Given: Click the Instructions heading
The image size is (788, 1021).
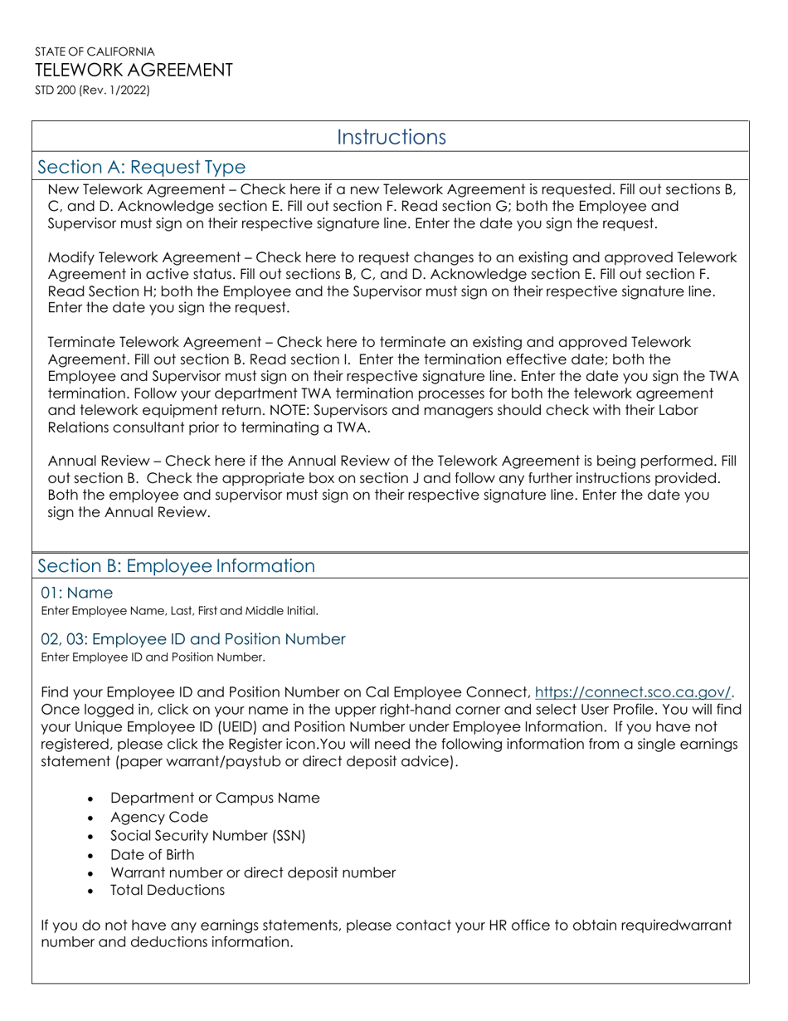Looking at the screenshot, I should tap(392, 137).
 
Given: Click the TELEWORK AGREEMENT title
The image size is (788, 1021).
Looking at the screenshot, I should tap(134, 70).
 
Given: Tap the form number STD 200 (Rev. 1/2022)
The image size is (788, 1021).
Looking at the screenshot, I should tap(92, 91).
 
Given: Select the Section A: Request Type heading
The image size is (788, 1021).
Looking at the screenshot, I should tap(141, 168).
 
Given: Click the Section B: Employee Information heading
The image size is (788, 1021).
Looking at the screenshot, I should tap(177, 566).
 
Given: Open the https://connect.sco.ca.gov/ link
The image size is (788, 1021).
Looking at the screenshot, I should tap(635, 691).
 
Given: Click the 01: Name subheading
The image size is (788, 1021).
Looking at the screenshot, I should tap(77, 593).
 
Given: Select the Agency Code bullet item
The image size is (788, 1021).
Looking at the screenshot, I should tap(158, 817).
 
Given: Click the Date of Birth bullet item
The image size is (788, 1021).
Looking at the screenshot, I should tap(153, 854).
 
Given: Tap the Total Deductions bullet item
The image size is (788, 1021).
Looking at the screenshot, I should tap(167, 890).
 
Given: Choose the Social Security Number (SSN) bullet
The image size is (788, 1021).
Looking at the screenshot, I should tap(207, 836).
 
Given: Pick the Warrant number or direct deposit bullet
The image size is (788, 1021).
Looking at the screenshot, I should tap(252, 872).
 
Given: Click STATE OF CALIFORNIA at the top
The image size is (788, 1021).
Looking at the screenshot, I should tap(95, 51).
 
